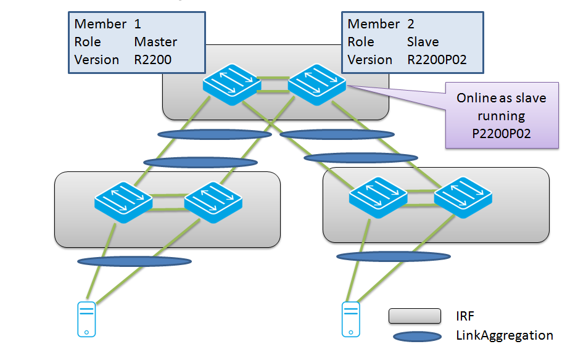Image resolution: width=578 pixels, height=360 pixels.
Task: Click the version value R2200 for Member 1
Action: [x=152, y=60]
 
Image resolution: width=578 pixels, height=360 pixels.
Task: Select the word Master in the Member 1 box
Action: [x=155, y=42]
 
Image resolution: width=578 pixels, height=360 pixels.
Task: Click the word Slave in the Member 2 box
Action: [x=423, y=42]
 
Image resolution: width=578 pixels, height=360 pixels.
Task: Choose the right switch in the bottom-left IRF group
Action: [x=213, y=202]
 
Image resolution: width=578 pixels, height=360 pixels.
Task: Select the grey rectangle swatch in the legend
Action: [x=415, y=316]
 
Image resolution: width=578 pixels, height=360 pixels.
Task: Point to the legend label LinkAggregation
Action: [x=505, y=335]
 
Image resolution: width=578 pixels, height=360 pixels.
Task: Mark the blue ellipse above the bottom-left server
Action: [x=134, y=261]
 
